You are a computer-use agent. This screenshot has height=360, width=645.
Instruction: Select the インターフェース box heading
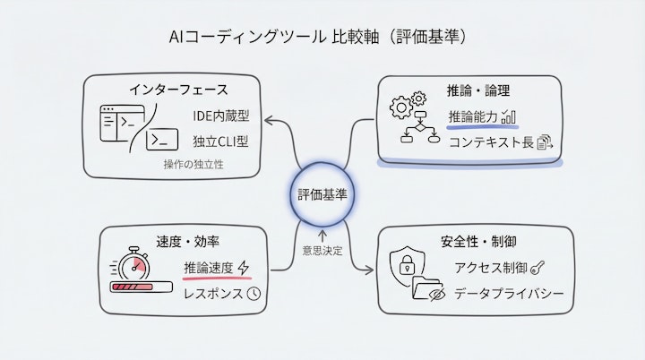pos(177,90)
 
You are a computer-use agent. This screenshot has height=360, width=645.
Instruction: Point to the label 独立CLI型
pos(219,141)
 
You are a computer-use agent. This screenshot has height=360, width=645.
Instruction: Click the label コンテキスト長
pos(490,141)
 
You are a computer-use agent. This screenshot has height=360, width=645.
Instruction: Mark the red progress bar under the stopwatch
pos(139,287)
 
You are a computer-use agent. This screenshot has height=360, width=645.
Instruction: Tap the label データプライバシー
pos(508,293)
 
